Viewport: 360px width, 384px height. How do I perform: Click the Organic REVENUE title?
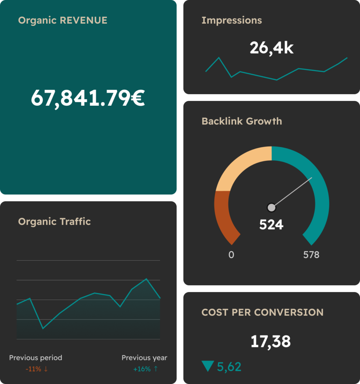[63, 20]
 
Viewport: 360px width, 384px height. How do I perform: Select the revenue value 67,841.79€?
[87, 98]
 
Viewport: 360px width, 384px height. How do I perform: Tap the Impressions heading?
[231, 20]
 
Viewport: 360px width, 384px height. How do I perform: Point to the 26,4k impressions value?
[271, 48]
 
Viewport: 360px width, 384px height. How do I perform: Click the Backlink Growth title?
[241, 121]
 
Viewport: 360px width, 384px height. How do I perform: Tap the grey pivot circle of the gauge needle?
[271, 207]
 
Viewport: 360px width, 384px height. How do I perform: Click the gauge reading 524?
[271, 225]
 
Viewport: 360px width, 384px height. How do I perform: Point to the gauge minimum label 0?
[231, 255]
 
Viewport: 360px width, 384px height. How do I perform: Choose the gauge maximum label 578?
[311, 255]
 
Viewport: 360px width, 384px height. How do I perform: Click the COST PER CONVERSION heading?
[262, 312]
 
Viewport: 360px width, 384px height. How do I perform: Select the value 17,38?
[270, 342]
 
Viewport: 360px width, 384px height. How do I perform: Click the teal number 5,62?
[229, 366]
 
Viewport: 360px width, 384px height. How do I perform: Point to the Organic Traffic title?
[54, 222]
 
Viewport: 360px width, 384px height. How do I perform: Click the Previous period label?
[36, 358]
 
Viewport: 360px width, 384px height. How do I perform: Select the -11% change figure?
[33, 369]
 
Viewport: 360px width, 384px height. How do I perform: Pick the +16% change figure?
[142, 369]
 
